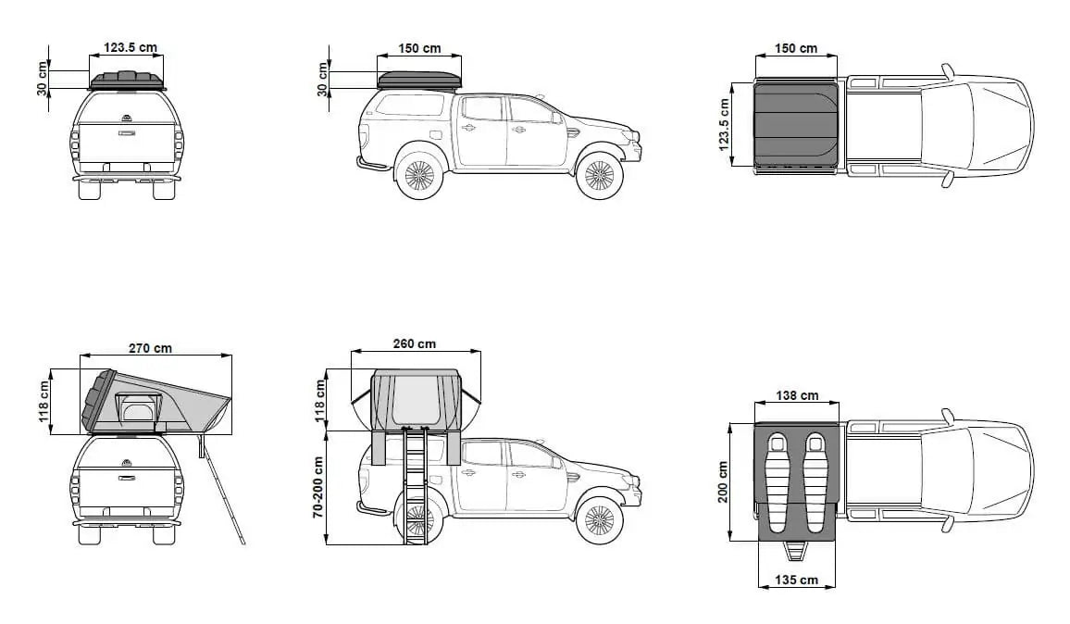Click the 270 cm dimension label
(x=150, y=348)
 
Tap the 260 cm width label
(x=415, y=344)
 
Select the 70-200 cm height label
(x=318, y=488)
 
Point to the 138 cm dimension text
(x=797, y=395)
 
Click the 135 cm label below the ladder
(x=796, y=580)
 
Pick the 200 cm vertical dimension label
(x=723, y=482)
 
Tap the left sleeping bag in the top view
(x=778, y=481)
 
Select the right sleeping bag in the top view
(x=815, y=481)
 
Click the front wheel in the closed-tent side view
(x=599, y=175)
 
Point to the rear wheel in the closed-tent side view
(x=419, y=175)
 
